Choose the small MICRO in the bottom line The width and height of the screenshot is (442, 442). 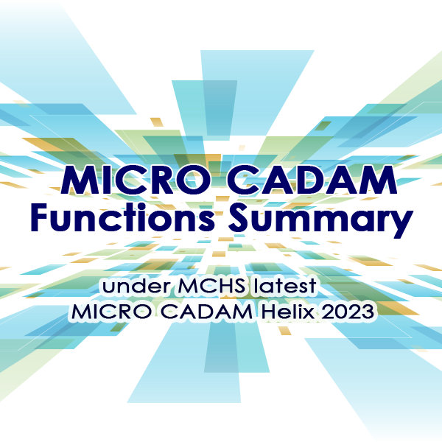[x=108, y=312]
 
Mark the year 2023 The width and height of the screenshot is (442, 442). [x=347, y=312]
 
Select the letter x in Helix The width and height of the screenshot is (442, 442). [x=306, y=313]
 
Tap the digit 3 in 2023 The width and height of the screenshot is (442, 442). [x=369, y=312]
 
